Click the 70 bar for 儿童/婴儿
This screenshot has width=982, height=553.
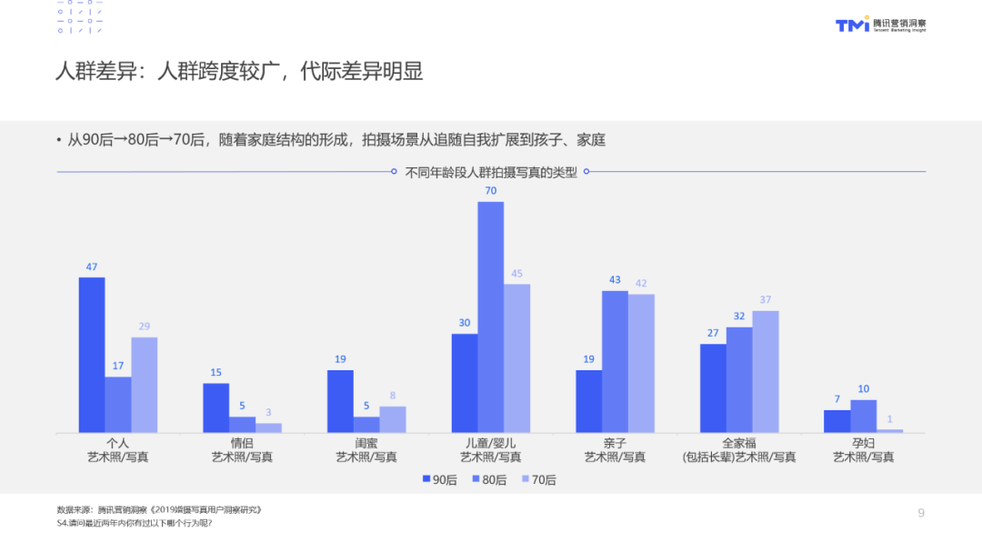pyautogui.click(x=490, y=317)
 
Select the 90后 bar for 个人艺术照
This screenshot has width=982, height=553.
pyautogui.click(x=92, y=355)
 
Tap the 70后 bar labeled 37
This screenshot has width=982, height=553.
pyautogui.click(x=766, y=371)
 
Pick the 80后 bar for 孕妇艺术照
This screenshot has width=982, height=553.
pyautogui.click(x=863, y=417)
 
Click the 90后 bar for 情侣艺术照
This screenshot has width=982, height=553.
pyautogui.click(x=216, y=407)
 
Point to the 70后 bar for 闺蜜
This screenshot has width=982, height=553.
pyautogui.click(x=393, y=419)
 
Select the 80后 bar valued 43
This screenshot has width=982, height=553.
pyautogui.click(x=615, y=362)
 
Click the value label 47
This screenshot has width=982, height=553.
pyautogui.click(x=92, y=266)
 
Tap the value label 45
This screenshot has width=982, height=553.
pyautogui.click(x=516, y=274)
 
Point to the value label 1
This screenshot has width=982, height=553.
pyautogui.click(x=889, y=419)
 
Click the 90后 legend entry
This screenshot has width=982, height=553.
pyautogui.click(x=440, y=479)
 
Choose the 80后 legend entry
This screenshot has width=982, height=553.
pyautogui.click(x=489, y=479)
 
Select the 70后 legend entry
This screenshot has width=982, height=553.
pyautogui.click(x=538, y=479)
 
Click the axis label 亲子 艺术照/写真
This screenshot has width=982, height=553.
pyautogui.click(x=615, y=450)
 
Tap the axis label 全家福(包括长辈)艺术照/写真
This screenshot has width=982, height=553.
pyautogui.click(x=739, y=450)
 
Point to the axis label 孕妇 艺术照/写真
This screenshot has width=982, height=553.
pyautogui.click(x=863, y=450)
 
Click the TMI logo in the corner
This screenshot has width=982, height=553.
pyautogui.click(x=880, y=25)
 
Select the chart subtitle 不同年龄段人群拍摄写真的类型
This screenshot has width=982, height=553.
pyautogui.click(x=490, y=172)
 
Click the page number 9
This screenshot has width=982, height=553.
pyautogui.click(x=921, y=513)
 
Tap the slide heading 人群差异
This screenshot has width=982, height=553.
pyautogui.click(x=95, y=71)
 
